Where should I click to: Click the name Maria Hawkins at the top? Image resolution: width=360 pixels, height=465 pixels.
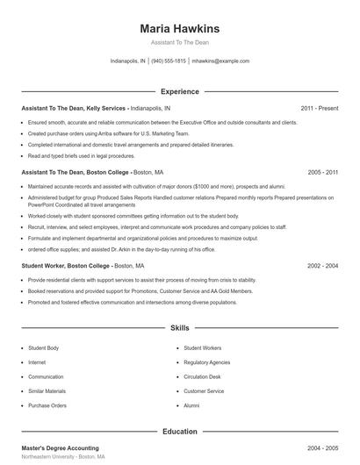(x=179, y=28)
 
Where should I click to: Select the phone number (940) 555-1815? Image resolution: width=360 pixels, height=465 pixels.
(x=169, y=61)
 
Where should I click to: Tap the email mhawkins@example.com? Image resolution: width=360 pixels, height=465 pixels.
(x=220, y=61)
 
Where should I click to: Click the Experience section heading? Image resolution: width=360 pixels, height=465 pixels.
(x=179, y=91)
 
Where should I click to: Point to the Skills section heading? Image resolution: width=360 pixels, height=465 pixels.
(x=179, y=328)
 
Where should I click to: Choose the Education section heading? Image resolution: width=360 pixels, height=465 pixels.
(x=179, y=432)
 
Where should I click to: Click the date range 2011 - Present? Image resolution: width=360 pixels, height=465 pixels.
(x=320, y=108)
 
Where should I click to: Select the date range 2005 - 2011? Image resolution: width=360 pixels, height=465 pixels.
(x=323, y=173)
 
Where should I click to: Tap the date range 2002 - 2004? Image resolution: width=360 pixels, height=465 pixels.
(x=323, y=265)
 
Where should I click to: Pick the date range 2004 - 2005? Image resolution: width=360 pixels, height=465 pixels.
(x=323, y=448)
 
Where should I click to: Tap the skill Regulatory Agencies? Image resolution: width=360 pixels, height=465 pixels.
(x=207, y=361)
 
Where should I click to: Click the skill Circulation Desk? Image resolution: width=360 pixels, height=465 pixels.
(x=202, y=376)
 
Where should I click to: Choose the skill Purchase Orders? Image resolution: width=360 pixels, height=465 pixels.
(x=47, y=406)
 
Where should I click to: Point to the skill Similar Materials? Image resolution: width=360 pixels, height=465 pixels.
(x=47, y=391)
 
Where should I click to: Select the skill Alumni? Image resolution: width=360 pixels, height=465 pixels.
(x=191, y=406)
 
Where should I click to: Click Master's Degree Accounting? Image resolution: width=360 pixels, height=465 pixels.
(x=60, y=448)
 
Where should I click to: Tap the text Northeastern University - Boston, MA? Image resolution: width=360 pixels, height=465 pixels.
(x=63, y=458)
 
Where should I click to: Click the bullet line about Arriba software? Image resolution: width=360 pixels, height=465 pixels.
(x=97, y=132)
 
